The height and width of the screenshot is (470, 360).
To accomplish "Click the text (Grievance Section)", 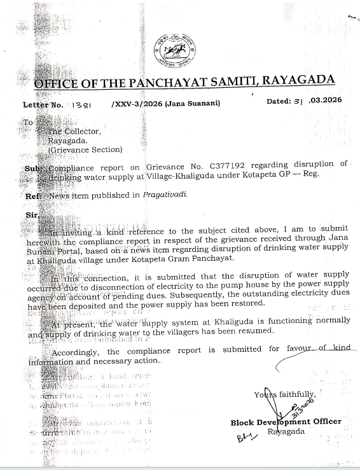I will pos(85,149).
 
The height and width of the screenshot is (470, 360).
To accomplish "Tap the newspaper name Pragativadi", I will pos(165,195).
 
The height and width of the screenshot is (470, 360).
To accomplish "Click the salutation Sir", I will pos(31,216).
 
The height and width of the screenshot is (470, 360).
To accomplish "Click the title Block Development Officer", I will pos(286,421).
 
